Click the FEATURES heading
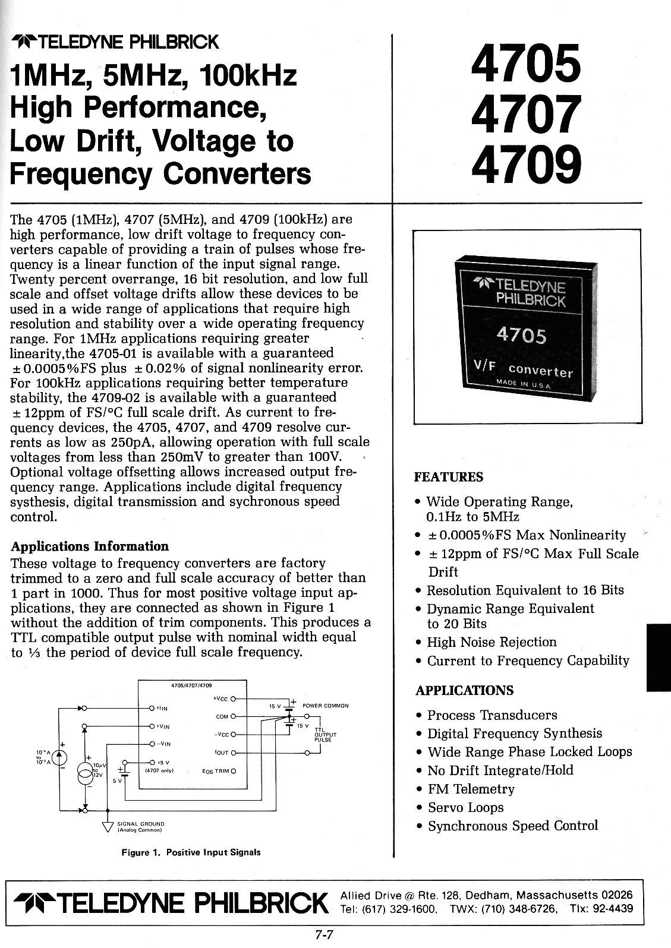[449, 478]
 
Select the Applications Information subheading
[90, 546]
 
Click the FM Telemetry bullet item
[471, 789]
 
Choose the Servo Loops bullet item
[465, 807]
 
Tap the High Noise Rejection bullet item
[492, 642]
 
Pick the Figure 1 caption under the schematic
[191, 852]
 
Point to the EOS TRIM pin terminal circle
[233, 771]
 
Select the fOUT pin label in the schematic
[220, 753]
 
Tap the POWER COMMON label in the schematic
[325, 706]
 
